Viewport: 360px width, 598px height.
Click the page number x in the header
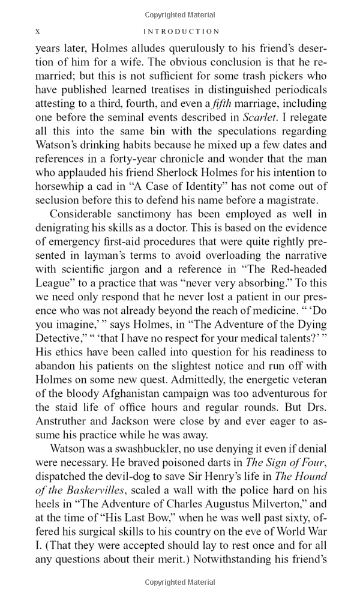tap(38, 31)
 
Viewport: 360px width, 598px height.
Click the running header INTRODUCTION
tap(182, 31)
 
